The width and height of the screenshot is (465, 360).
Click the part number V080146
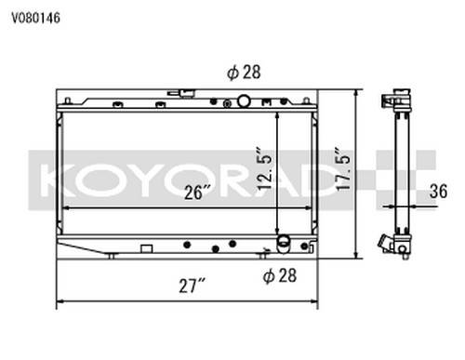pyautogui.click(x=35, y=18)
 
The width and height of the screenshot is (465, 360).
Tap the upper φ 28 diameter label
pyautogui.click(x=244, y=73)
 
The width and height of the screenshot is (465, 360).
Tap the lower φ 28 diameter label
pyautogui.click(x=280, y=275)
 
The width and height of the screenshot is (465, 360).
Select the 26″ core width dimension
pyautogui.click(x=198, y=192)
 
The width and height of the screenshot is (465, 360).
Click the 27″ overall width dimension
pyautogui.click(x=193, y=286)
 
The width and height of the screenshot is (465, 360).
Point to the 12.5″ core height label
pyautogui.click(x=264, y=167)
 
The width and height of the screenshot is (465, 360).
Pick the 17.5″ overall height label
pyautogui.click(x=343, y=167)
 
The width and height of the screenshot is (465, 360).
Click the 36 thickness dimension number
pyautogui.click(x=438, y=191)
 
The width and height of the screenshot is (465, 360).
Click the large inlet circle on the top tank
pyautogui.click(x=244, y=101)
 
